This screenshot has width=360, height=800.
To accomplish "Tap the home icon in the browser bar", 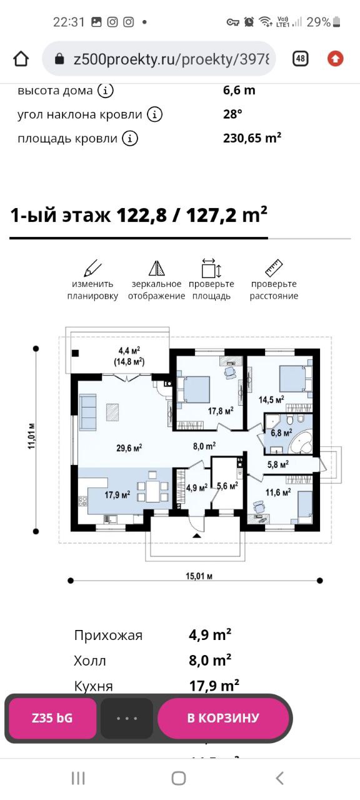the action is click(x=21, y=59).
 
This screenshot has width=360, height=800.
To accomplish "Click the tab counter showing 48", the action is click(x=301, y=58).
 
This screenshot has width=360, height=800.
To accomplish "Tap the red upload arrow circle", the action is click(x=336, y=59).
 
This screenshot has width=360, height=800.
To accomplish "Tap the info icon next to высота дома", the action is click(x=106, y=91).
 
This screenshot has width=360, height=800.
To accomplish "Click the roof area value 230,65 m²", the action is click(x=252, y=138).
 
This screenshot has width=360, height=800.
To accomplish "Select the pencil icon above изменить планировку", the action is click(x=92, y=268).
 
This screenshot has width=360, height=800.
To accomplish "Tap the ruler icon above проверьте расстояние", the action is click(x=274, y=268).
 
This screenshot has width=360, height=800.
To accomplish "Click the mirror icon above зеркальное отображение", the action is click(x=156, y=268).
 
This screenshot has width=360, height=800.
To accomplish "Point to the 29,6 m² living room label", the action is click(x=129, y=447).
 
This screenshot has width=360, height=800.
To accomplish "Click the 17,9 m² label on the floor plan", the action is click(x=117, y=494).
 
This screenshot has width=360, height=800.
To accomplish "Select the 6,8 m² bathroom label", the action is click(x=281, y=433).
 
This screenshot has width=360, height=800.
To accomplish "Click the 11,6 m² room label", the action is click(x=278, y=492).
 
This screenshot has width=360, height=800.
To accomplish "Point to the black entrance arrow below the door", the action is click(x=196, y=536).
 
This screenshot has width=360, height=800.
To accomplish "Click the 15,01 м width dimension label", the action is click(x=199, y=576).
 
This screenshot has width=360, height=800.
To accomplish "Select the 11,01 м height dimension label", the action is click(x=32, y=436).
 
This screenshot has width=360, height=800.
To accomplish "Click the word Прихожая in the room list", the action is click(x=108, y=636).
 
